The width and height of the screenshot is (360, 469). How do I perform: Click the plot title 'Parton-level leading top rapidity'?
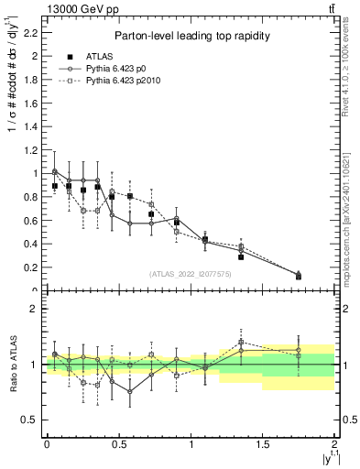(x=191, y=36)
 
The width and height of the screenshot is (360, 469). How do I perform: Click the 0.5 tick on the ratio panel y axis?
(x=33, y=420)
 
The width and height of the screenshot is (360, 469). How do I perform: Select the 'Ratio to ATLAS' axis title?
(x=12, y=363)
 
